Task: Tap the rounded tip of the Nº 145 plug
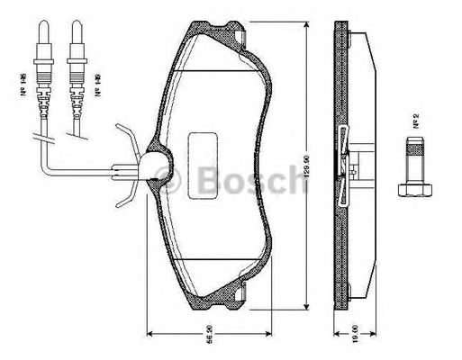click(x=41, y=24)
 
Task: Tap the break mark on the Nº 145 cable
click(x=40, y=138)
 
